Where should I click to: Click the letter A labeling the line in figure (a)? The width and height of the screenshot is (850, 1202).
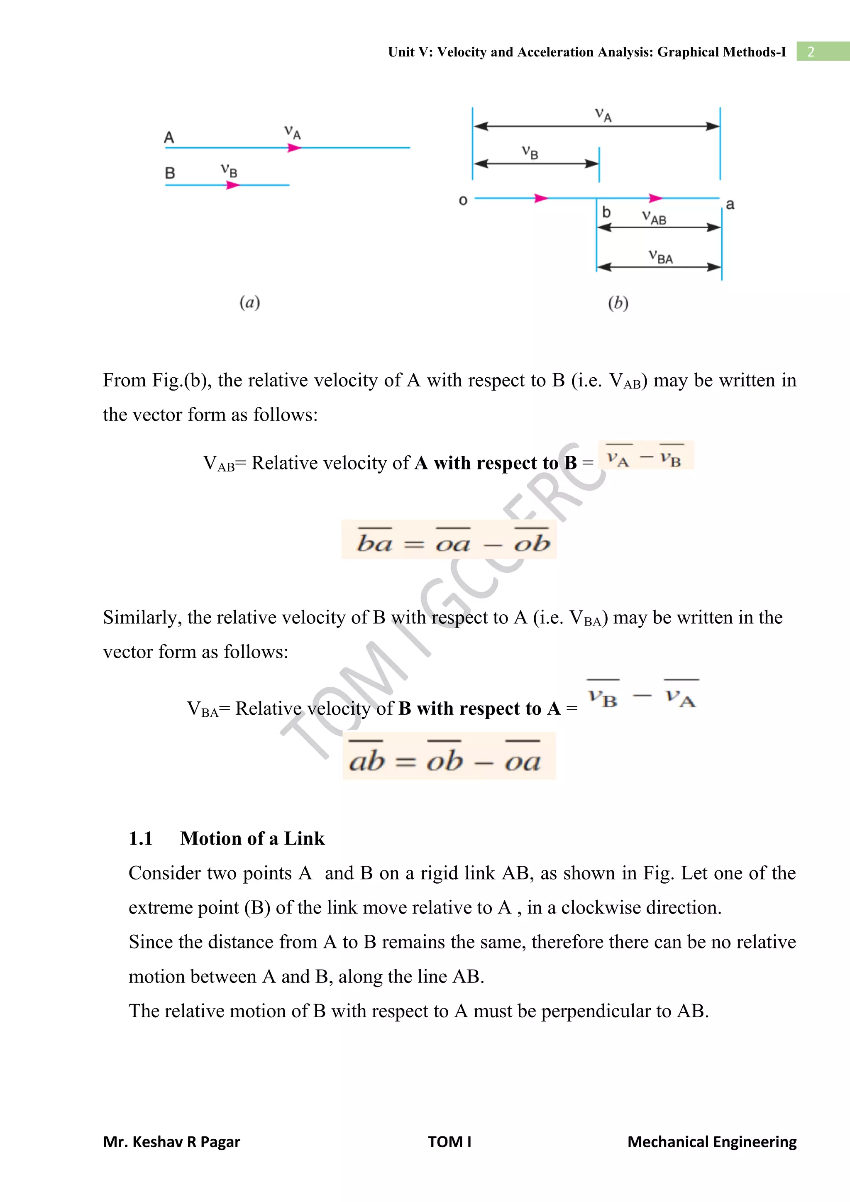click(169, 138)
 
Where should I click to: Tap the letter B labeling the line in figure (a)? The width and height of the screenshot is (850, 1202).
click(170, 173)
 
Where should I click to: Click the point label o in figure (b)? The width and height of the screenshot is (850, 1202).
click(463, 200)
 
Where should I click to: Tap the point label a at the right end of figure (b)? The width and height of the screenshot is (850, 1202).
click(730, 204)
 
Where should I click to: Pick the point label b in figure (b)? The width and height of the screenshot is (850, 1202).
click(606, 212)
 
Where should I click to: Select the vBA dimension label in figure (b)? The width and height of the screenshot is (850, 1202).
click(660, 257)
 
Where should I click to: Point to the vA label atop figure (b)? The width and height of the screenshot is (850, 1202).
click(603, 115)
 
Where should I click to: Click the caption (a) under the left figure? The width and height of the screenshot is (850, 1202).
click(250, 303)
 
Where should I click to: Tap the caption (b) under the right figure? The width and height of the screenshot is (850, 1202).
click(618, 303)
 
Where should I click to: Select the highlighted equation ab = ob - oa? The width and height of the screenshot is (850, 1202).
click(449, 757)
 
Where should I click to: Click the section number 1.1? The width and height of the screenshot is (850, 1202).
click(141, 839)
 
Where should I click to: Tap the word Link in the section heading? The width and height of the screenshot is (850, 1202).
click(304, 839)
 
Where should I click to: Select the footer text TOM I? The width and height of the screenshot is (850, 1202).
click(449, 1142)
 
